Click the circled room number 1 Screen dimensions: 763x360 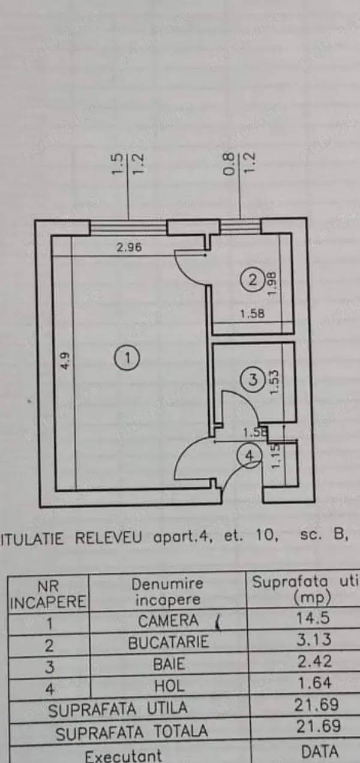[127, 358]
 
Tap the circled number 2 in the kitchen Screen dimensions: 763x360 [253, 279]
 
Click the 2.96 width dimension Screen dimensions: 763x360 [129, 247]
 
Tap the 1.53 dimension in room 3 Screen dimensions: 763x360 [274, 382]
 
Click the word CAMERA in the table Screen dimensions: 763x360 [168, 620]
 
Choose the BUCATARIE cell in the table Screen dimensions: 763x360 [169, 642]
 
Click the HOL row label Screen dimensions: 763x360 [169, 685]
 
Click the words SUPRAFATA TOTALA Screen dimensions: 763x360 [132, 732]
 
